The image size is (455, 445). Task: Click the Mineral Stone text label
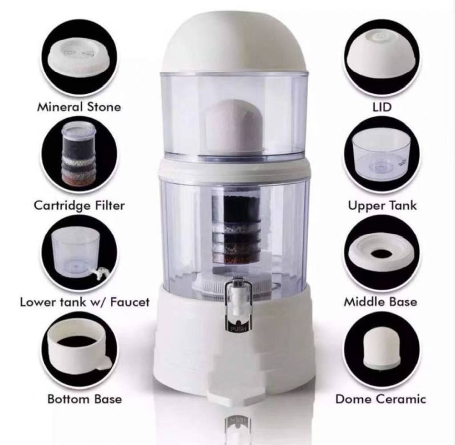(79, 107)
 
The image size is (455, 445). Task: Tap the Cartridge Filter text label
(79, 205)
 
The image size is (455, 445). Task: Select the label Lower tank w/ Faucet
(84, 302)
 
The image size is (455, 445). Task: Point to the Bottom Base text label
(84, 399)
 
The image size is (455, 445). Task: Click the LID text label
(381, 107)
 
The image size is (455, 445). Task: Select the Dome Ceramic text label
(380, 399)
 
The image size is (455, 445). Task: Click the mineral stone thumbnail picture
(79, 58)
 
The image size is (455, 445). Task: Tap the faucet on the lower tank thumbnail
(101, 272)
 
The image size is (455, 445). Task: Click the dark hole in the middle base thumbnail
(381, 254)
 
